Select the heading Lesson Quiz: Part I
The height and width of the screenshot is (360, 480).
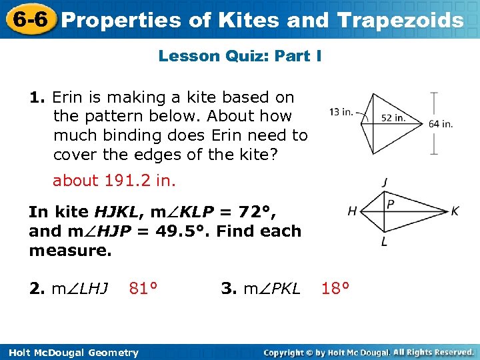[x=240, y=56]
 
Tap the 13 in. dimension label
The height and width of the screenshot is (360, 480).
[x=341, y=111]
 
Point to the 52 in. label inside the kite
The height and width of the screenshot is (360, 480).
[x=393, y=118]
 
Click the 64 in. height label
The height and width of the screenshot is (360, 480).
[x=441, y=123]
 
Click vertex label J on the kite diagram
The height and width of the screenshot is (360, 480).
[x=385, y=182]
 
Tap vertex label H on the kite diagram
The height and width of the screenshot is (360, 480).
[x=351, y=211]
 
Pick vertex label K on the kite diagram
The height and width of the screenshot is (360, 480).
[x=455, y=211]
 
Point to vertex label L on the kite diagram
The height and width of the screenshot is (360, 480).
[x=385, y=242]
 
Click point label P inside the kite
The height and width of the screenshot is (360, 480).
[x=390, y=204]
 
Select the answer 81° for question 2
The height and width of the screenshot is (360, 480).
[x=143, y=289]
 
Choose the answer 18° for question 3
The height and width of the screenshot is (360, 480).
[x=335, y=289]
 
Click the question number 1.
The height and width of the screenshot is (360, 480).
[x=37, y=97]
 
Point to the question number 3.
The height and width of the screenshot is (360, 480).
[x=229, y=289]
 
